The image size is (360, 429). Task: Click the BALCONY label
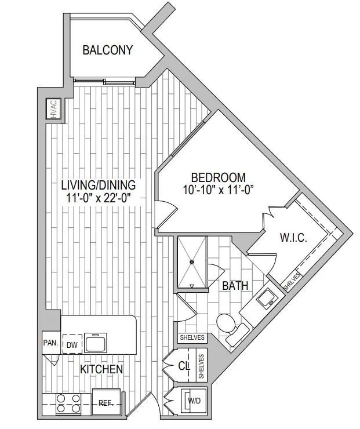(x=107, y=50)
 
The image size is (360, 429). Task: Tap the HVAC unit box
(x=53, y=108)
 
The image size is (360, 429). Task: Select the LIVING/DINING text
(x=98, y=186)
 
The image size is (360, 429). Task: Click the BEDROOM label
(x=219, y=177)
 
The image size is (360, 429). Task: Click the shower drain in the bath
(x=192, y=261)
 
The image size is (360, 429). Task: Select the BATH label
(x=235, y=286)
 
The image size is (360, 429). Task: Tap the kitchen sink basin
(x=95, y=343)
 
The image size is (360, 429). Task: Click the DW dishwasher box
(x=72, y=344)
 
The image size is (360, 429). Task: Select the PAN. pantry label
(x=50, y=343)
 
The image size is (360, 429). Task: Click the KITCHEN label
(x=101, y=369)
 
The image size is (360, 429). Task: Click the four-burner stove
(x=68, y=404)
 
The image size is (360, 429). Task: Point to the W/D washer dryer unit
(x=194, y=401)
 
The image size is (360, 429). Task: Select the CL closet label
(x=184, y=366)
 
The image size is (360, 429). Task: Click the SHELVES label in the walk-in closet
(x=292, y=282)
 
